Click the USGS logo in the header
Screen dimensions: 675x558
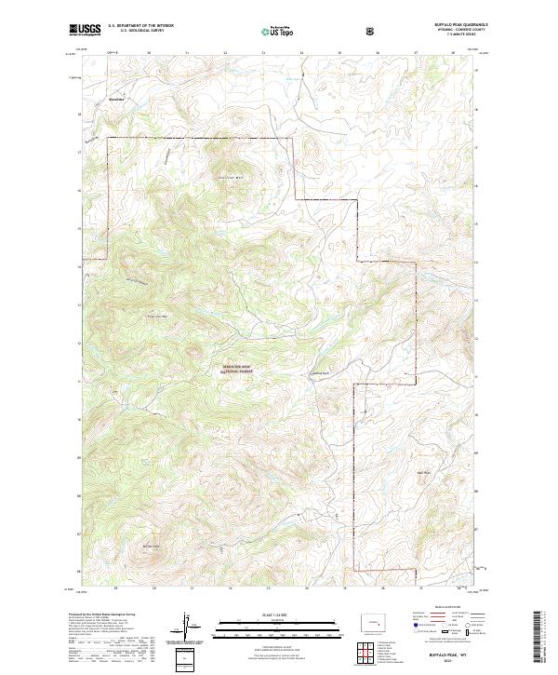pyautogui.click(x=84, y=31)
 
